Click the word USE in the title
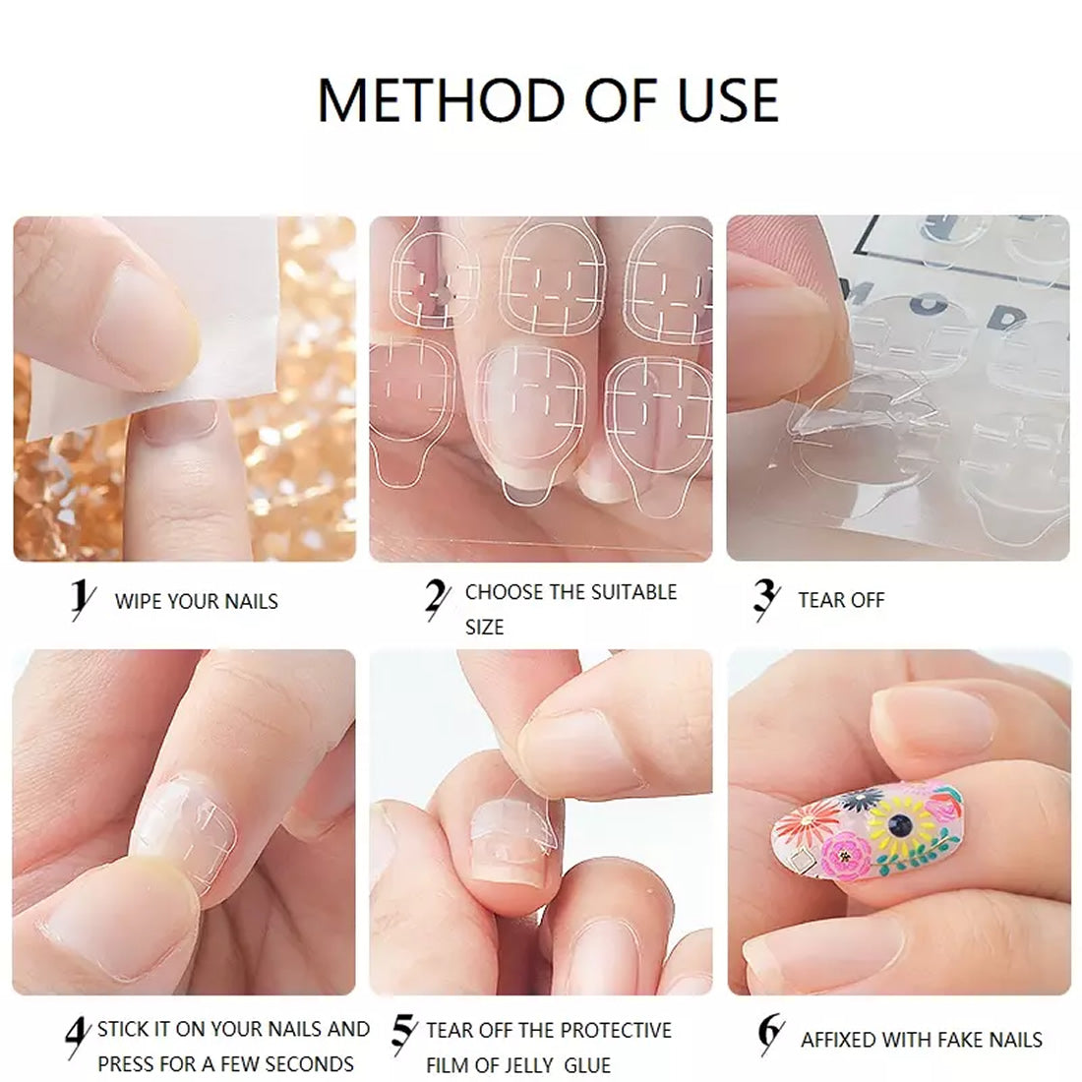coord(728,100)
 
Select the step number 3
coord(766,598)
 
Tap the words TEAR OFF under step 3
coord(841,600)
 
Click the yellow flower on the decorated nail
coord(900,822)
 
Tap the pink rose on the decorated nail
coord(846,856)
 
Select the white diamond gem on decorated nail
coord(802,860)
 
